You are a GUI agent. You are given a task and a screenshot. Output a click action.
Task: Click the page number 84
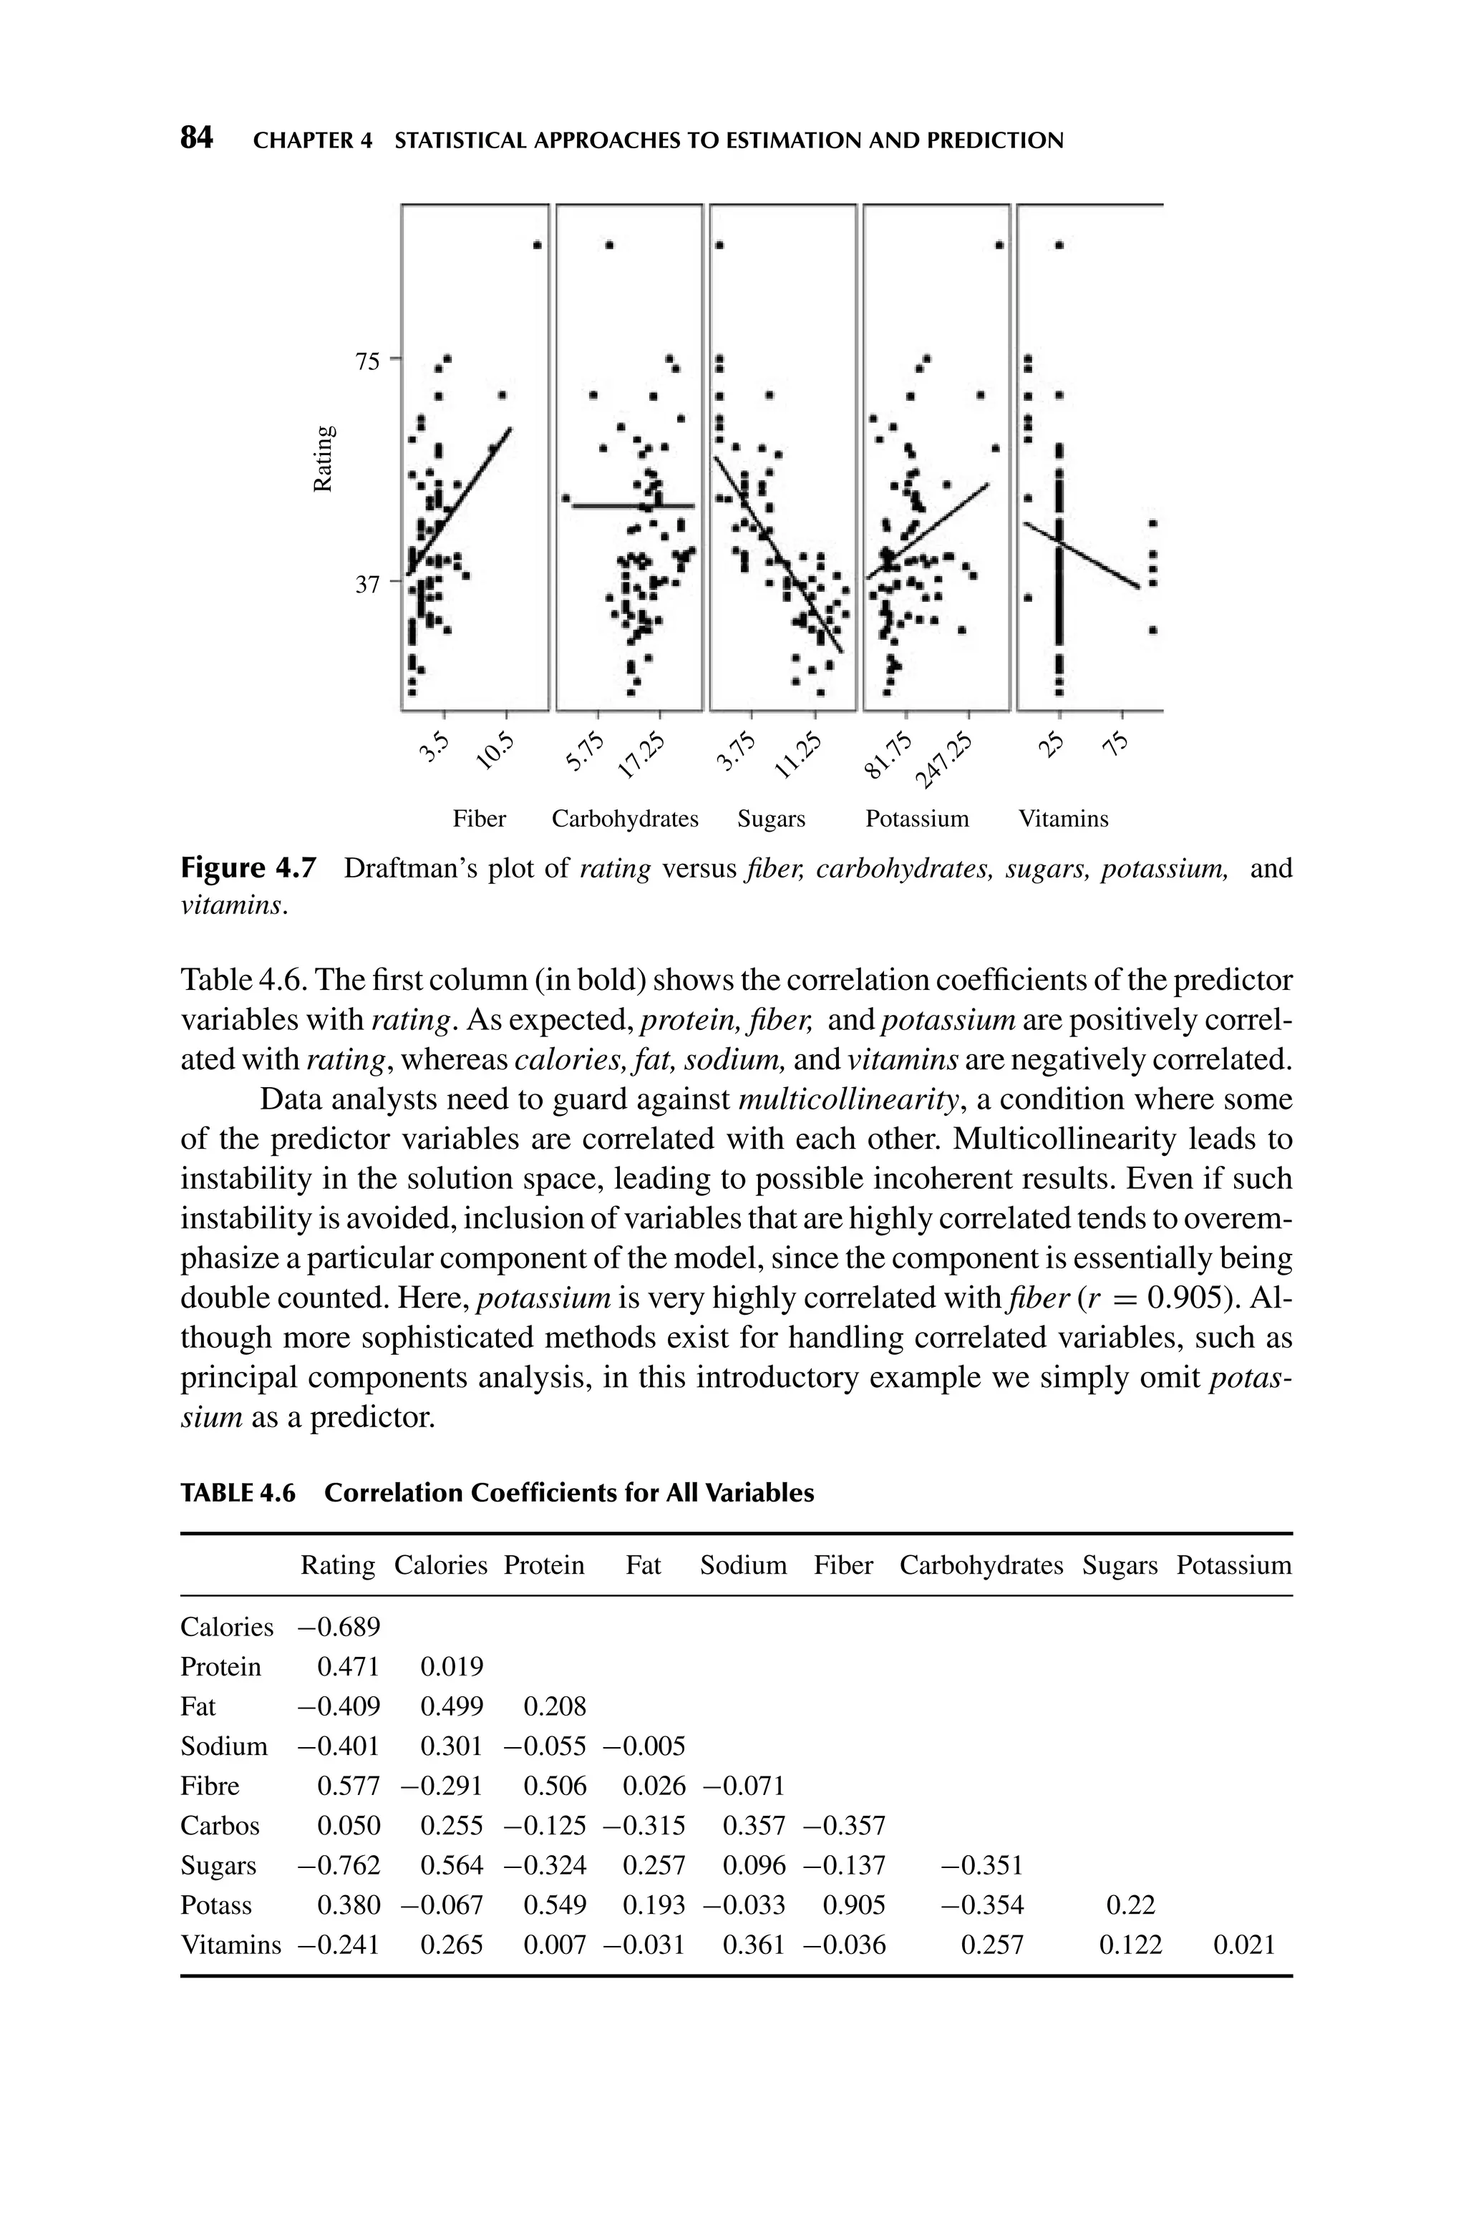pos(196,140)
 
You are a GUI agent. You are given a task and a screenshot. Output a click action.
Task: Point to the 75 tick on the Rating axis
pos(367,361)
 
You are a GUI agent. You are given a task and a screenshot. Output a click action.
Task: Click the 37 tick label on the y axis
pos(367,584)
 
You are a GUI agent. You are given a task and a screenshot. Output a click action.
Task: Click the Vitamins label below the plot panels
pos(1063,819)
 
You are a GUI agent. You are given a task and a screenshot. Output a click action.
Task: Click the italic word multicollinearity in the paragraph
pos(849,1099)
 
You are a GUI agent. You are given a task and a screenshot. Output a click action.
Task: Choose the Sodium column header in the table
pos(743,1565)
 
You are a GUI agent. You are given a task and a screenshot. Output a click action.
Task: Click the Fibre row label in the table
pos(210,1786)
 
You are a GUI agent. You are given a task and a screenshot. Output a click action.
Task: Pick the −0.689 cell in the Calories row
pos(339,1627)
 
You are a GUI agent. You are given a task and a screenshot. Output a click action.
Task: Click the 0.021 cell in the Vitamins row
pos(1243,1945)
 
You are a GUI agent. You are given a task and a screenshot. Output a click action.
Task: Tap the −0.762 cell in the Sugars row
pos(339,1865)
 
